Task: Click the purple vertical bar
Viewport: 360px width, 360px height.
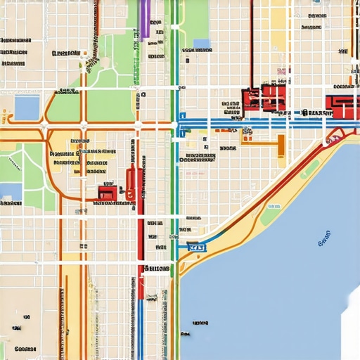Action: pyautogui.click(x=144, y=18)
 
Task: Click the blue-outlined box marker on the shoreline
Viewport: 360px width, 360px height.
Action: pyautogui.click(x=196, y=247)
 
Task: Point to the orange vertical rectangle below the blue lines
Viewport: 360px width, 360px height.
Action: pyautogui.click(x=281, y=146)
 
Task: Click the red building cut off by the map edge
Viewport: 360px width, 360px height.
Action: pyautogui.click(x=345, y=105)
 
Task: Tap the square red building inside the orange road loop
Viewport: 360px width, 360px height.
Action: pyautogui.click(x=107, y=192)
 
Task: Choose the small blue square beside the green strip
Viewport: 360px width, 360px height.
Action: pyautogui.click(x=202, y=44)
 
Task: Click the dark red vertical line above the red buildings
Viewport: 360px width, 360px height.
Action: pyautogui.click(x=251, y=42)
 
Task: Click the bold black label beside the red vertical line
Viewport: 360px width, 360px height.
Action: pyautogui.click(x=156, y=269)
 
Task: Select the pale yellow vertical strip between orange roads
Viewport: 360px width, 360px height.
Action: pyautogui.click(x=72, y=302)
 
